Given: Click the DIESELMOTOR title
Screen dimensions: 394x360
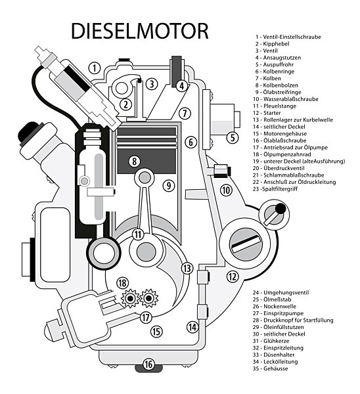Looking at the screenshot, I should pos(139,31).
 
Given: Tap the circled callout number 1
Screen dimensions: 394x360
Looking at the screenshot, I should pos(95,68).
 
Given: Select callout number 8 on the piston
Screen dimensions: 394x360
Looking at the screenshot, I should pos(134,160).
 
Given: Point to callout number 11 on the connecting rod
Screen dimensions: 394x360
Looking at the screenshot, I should pos(137,234).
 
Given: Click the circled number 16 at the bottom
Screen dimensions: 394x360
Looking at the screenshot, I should pos(148,364).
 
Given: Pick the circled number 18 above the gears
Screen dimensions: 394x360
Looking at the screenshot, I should pos(122,283).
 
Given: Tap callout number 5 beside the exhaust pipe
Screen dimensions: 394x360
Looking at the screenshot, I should pos(232,137).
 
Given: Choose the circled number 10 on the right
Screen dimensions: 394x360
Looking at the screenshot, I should pos(226,190).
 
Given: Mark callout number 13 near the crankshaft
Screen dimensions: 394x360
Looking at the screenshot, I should pos(187,268).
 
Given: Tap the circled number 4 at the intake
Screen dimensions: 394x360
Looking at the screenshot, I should pos(181,85).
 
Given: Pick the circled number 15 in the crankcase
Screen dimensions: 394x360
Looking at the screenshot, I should pos(156,332).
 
